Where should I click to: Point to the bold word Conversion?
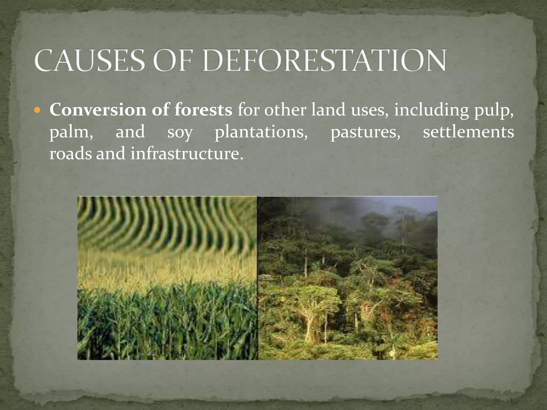tap(98, 110)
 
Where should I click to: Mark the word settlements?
tap(468, 132)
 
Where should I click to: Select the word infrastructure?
tap(186, 154)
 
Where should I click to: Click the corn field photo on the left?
tap(167, 278)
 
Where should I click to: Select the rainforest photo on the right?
tap(347, 278)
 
